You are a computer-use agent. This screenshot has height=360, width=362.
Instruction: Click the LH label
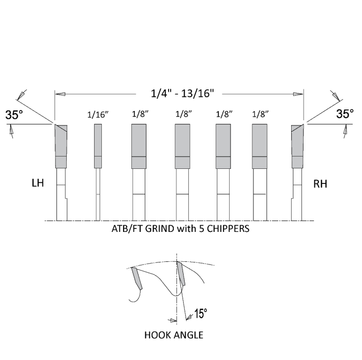pos(38,183)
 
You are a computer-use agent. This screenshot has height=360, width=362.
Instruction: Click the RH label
pos(321,183)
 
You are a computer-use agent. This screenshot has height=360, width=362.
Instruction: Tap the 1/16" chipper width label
pos(98,115)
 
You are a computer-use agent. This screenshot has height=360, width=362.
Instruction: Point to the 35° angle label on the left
pos(14,115)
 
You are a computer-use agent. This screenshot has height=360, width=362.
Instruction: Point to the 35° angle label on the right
pos(345,114)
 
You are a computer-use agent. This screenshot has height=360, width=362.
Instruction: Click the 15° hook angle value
pos(200,314)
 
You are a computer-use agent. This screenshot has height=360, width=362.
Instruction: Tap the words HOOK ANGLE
pos(174,335)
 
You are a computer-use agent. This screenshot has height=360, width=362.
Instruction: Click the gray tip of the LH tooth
pos(61,146)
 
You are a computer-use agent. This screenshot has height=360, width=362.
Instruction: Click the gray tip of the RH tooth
pos(297,146)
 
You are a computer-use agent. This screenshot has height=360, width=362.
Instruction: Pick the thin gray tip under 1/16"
pos(98,146)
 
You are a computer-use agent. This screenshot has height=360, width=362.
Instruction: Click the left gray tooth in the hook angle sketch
pos(138,279)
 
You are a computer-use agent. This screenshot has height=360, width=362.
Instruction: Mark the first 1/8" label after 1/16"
pos(139,115)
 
